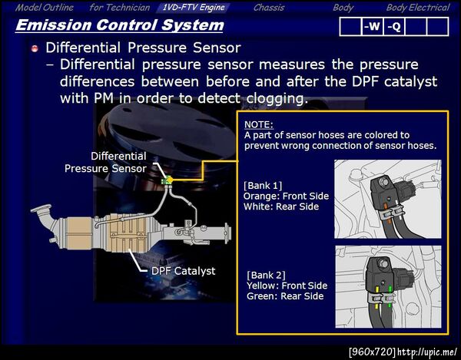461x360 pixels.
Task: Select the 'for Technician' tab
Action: (119, 8)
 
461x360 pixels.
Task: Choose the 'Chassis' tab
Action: (269, 8)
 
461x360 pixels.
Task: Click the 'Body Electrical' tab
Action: (417, 8)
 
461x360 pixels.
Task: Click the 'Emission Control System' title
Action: (120, 25)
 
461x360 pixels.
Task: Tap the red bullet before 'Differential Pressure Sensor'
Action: (35, 48)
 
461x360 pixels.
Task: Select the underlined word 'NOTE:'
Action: (259, 124)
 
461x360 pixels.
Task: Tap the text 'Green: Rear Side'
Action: (285, 296)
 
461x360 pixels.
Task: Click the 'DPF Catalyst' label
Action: (183, 270)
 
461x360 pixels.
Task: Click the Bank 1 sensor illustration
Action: (387, 198)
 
